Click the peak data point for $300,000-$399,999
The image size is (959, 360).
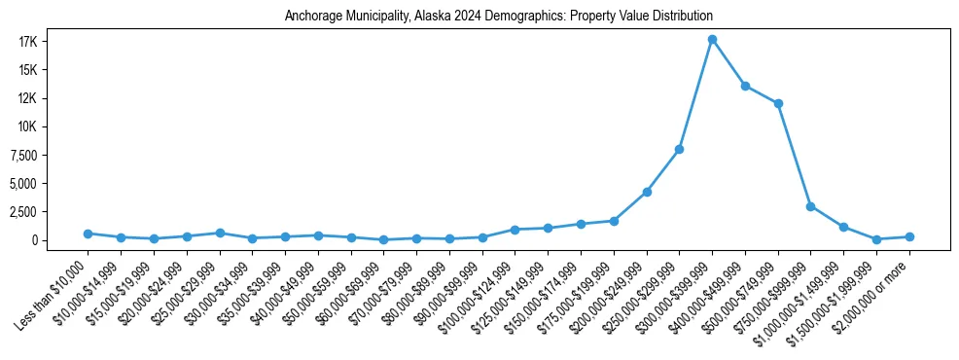click(x=712, y=40)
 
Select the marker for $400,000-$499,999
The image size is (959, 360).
click(x=745, y=87)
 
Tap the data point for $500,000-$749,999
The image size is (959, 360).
click(x=778, y=104)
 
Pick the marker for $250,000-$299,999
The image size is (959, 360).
click(x=679, y=149)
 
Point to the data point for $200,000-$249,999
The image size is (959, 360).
click(x=647, y=192)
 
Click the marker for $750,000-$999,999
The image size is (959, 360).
click(x=810, y=206)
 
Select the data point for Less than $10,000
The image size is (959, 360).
click(x=88, y=234)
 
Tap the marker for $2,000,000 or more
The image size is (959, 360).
click(x=909, y=236)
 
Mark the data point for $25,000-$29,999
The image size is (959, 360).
click(x=220, y=233)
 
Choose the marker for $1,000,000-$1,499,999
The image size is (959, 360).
click(x=843, y=227)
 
